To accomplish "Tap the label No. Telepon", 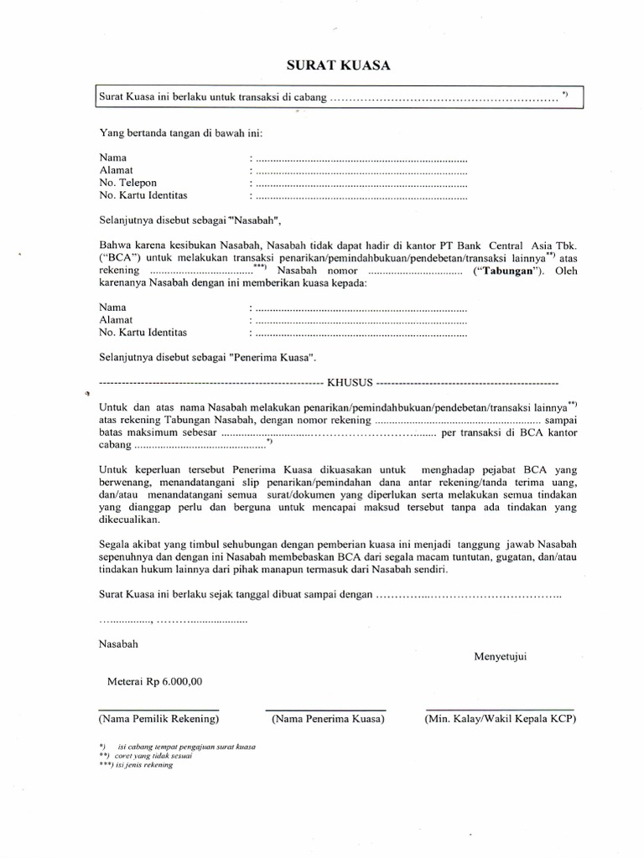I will tap(127, 183).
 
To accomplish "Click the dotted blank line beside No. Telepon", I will tap(360, 183).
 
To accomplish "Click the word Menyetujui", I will tap(501, 655).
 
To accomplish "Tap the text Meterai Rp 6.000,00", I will tap(154, 681).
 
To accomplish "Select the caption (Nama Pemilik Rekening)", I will tap(158, 719).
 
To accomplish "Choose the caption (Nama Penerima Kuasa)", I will tap(327, 719).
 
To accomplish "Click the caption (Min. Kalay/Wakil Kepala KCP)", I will tap(501, 719).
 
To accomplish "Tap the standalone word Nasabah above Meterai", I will tap(119, 644).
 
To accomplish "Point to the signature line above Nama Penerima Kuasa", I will tap(327, 709).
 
